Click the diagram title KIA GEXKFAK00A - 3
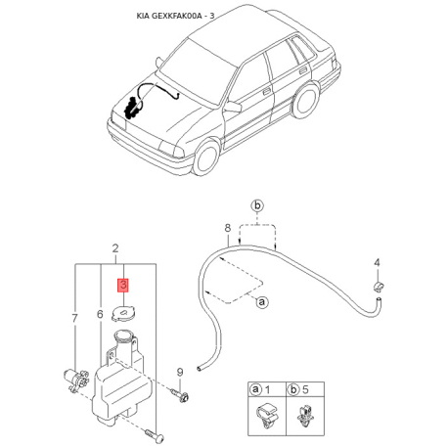point(175,16)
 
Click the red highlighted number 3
point(123,285)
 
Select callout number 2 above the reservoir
point(115,248)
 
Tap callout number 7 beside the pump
point(75,318)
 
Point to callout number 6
point(100,314)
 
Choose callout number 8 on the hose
point(228,228)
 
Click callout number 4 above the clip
point(377,262)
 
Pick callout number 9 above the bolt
point(180,372)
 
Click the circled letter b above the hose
point(257,206)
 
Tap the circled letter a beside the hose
point(262,302)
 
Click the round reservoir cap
point(124,314)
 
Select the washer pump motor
point(75,380)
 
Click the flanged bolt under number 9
point(180,394)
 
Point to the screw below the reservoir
point(154,436)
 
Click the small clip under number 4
point(378,286)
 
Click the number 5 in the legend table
point(305,389)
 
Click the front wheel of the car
point(206,157)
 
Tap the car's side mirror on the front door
point(233,107)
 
